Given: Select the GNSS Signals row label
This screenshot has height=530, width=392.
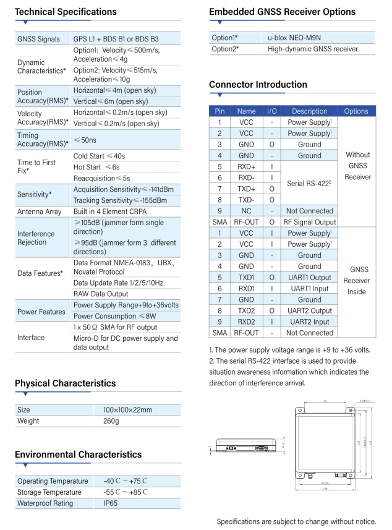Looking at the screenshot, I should click(38, 39).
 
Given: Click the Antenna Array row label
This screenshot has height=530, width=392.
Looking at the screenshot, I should click(39, 212).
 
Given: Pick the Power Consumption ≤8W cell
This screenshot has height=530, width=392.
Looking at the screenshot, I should click(113, 316).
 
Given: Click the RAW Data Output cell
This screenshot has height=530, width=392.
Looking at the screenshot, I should click(101, 294).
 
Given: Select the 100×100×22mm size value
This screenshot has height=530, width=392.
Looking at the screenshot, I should click(128, 410).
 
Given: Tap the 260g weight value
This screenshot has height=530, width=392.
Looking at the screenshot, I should click(113, 421).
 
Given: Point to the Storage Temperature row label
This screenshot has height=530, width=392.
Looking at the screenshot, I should click(49, 492).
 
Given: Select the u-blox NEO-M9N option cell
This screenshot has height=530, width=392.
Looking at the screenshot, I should click(294, 38).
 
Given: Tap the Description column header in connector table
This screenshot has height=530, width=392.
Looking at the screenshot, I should click(310, 111).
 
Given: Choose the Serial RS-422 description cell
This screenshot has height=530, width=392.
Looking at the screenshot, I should click(309, 183).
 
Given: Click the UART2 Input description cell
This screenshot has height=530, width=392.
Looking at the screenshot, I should click(310, 322).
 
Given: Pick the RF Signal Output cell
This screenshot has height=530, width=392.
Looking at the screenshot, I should click(310, 222).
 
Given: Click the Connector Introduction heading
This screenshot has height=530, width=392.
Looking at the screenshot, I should click(258, 85).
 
